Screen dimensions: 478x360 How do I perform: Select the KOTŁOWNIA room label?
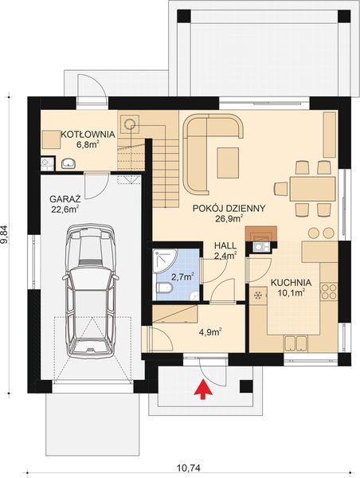tap(88, 135)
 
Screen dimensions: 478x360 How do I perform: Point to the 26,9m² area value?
tap(229, 217)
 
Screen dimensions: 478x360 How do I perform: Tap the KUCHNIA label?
tap(291, 282)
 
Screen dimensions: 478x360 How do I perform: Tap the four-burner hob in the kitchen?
tap(328, 290)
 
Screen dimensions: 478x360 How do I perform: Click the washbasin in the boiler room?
tap(68, 163)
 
